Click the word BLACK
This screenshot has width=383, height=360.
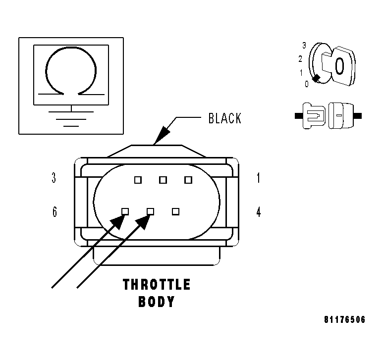(x=225, y=119)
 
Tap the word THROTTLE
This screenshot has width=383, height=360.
(x=157, y=285)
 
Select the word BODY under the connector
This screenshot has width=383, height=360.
(x=157, y=302)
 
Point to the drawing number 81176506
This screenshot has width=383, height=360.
(x=345, y=320)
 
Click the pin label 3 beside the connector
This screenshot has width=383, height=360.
(x=54, y=178)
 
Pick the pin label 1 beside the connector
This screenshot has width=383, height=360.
(x=258, y=178)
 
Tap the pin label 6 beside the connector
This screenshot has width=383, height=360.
(x=54, y=212)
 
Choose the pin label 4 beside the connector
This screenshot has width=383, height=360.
(x=258, y=212)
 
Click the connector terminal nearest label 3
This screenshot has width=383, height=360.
(x=138, y=180)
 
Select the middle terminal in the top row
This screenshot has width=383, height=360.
(x=163, y=180)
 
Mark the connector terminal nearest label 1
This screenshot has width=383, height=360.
(x=188, y=180)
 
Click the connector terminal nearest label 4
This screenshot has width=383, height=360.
(x=175, y=211)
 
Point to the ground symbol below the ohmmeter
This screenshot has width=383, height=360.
(x=71, y=118)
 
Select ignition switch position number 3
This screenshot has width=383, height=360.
(x=305, y=45)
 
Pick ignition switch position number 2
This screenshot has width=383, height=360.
(x=300, y=59)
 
